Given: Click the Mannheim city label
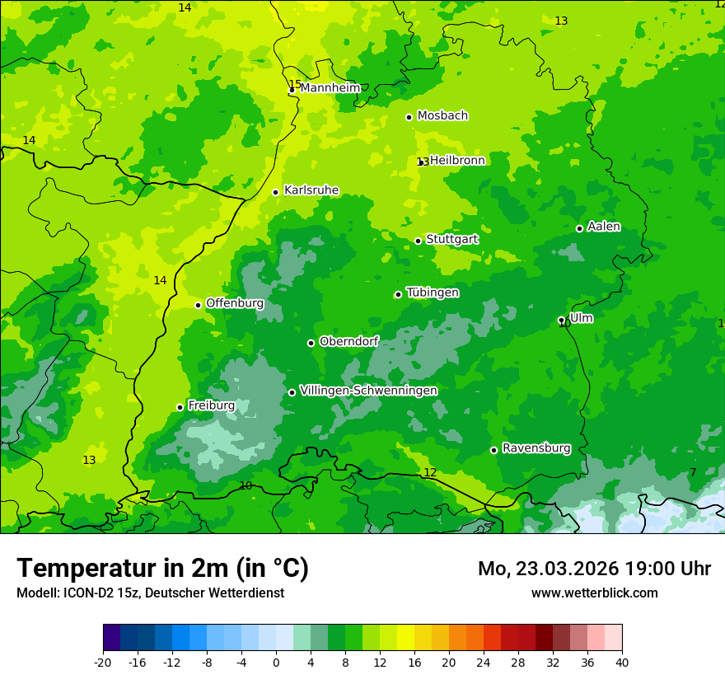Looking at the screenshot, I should tap(330, 88).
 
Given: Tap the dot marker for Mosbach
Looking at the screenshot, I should tap(409, 117).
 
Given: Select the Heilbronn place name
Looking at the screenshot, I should tap(457, 161).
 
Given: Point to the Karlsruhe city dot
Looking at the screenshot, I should tap(275, 192).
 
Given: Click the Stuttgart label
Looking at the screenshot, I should tap(451, 240).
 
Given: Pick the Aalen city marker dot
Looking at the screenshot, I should tap(579, 228).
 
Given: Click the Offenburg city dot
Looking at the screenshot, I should tap(198, 305).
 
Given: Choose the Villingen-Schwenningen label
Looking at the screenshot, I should tap(368, 391).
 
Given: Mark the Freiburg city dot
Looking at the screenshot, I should tap(180, 407).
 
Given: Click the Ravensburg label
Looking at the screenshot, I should tap(536, 448).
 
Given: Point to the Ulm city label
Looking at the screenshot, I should tap(581, 318).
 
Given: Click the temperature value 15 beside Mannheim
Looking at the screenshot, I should tap(294, 84).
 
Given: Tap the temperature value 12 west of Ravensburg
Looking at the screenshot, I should tap(430, 472).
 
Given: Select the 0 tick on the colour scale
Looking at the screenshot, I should tap(276, 663).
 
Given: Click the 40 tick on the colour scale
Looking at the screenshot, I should tap(621, 663).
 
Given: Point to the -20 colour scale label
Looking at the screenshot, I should tap(103, 663).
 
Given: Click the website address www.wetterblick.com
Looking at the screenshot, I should tap(594, 593).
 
